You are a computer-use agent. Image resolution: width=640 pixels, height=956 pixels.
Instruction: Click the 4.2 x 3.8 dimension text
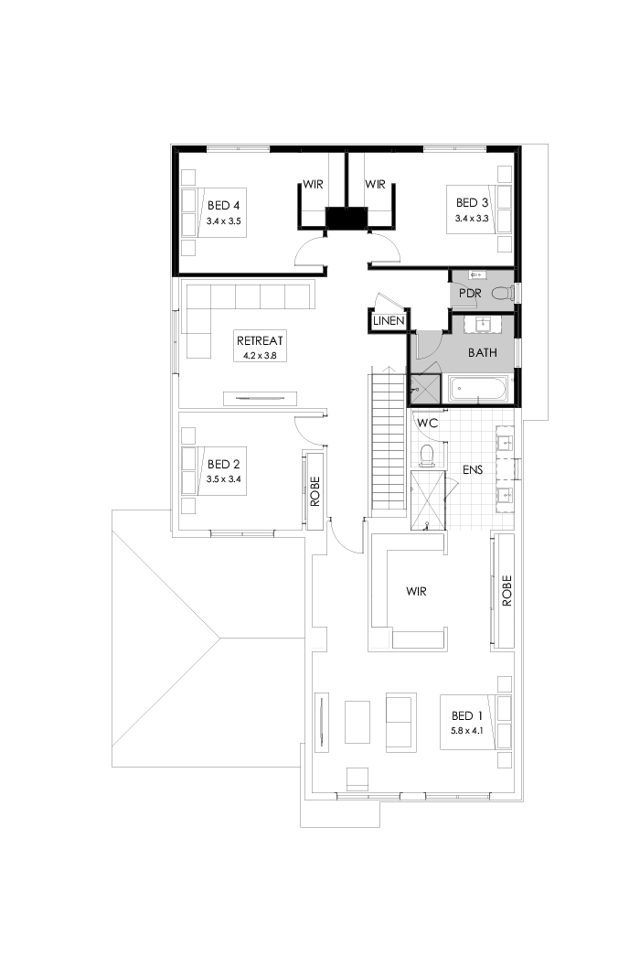(x=258, y=354)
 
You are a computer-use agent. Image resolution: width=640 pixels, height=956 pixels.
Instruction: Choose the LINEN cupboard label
(x=388, y=322)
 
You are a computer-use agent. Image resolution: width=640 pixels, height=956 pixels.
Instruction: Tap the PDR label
(x=472, y=294)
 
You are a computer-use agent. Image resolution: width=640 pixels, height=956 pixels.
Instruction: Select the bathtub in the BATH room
(x=476, y=389)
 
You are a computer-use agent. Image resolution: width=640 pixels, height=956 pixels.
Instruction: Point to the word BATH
(x=483, y=351)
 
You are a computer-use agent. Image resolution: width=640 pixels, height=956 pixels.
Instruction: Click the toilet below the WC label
(x=425, y=455)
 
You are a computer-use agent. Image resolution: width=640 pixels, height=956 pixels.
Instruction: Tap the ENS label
(x=472, y=469)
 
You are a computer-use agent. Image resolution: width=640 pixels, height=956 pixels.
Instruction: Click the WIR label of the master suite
(x=416, y=592)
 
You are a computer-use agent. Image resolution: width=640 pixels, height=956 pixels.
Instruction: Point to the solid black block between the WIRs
(x=347, y=220)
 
